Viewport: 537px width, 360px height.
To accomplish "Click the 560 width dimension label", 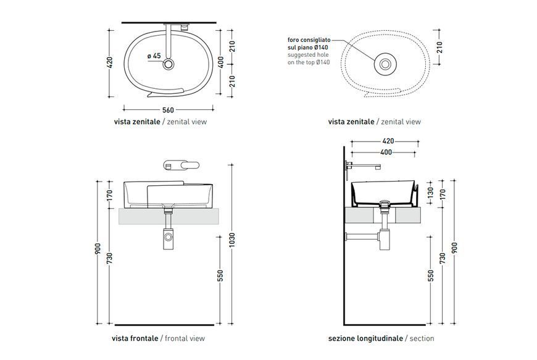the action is pos(168,110).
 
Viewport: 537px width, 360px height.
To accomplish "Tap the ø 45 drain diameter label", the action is pos(154,56).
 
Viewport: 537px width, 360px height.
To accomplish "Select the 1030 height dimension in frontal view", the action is pos(232,240).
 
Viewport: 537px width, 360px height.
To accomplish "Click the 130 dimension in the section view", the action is pos(430,191).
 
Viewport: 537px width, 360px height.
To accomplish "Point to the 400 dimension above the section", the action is pos(386,152).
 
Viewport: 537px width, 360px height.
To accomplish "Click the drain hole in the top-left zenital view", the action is pos(168,64).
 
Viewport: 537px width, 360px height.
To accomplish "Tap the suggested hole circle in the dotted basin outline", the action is pos(385,64).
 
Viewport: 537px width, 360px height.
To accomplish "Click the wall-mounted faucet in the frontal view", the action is pos(181,165).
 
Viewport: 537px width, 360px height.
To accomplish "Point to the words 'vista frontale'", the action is pos(135,338).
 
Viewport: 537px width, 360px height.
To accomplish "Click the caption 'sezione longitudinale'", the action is pos(365,338).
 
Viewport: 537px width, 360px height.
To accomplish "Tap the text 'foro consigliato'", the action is pos(309,40).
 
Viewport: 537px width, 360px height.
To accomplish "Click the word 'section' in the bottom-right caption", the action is pos(422,338).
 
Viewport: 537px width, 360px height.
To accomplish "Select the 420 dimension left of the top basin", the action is pos(110,63).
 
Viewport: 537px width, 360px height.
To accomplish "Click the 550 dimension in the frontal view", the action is pos(220,276).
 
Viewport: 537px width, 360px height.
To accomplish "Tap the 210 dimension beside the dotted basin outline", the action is pos(439,47).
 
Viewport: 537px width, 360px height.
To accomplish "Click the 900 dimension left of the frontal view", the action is pos(98,249).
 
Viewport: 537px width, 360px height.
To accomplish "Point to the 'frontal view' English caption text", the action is pos(185,338).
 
